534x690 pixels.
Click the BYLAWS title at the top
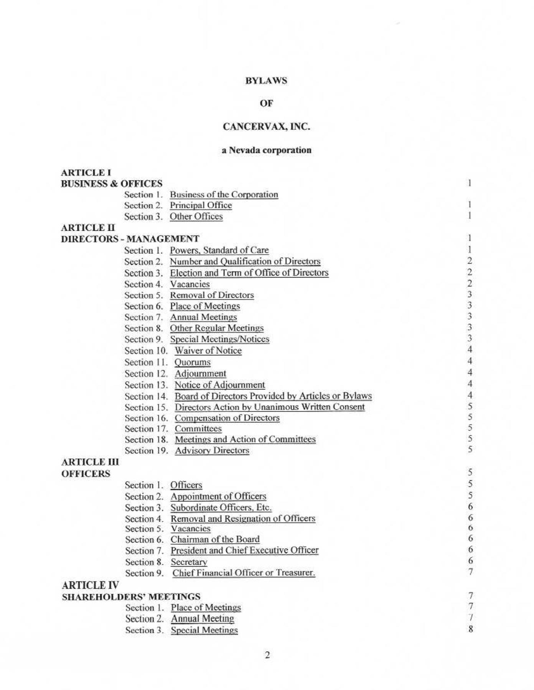(266, 81)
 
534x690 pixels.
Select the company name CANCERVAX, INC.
(266, 127)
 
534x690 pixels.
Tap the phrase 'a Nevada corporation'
(266, 150)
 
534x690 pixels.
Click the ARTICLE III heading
(90, 462)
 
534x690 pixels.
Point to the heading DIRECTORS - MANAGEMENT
(130, 239)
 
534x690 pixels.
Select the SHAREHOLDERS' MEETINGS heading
(131, 597)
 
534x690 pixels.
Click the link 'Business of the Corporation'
(224, 195)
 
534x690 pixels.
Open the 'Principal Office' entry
(201, 205)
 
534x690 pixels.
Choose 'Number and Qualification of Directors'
(245, 261)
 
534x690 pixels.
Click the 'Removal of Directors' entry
(212, 295)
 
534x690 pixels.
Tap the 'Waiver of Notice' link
(208, 351)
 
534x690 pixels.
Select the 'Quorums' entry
(193, 362)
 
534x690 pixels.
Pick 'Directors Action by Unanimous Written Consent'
(269, 407)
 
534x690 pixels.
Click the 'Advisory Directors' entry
(212, 451)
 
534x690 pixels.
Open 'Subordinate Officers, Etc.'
(221, 508)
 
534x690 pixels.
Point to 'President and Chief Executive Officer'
(244, 550)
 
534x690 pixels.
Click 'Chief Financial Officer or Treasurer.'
(244, 573)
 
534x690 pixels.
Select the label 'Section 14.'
(147, 396)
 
